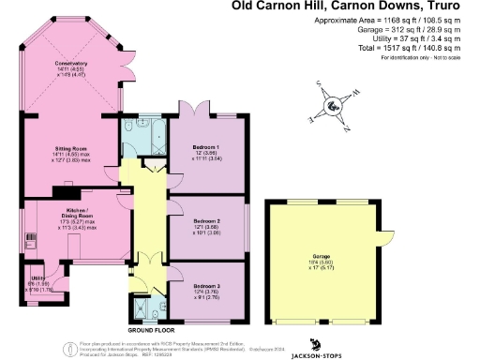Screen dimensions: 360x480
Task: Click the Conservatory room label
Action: click(x=70, y=67)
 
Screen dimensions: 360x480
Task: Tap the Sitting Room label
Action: click(x=70, y=150)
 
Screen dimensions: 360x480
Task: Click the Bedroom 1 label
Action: click(x=204, y=154)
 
